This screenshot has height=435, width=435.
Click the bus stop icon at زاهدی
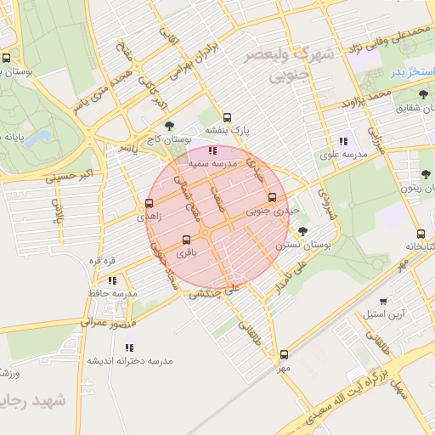[150, 203]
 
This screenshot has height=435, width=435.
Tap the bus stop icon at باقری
[188, 239]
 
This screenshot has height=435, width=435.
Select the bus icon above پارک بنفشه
[226, 117]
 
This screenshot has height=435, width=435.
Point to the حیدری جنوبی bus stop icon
[272, 196]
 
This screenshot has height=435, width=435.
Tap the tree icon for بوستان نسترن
[302, 230]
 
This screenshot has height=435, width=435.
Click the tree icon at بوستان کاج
[168, 126]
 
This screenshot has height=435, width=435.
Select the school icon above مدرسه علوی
[343, 141]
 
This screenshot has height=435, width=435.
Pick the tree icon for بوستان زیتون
[426, 175]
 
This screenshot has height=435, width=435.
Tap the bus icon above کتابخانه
[421, 234]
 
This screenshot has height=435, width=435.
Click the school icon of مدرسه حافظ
[112, 280]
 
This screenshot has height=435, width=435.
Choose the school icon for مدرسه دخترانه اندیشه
[130, 347]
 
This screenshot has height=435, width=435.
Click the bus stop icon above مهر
[283, 355]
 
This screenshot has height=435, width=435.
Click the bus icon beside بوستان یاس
[7, 59]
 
